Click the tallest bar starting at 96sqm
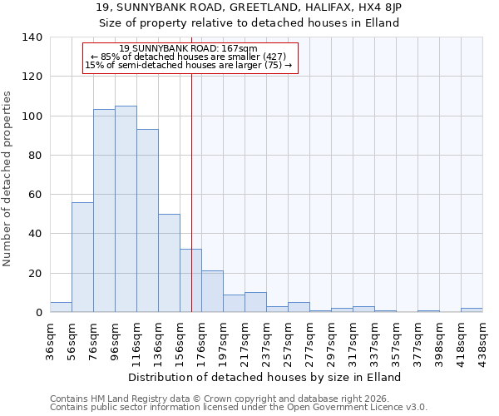pyautogui.click(x=126, y=209)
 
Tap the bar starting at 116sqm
pyautogui.click(x=147, y=220)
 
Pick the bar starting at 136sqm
pyautogui.click(x=169, y=263)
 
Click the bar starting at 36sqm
pyautogui.click(x=61, y=307)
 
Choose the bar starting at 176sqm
pyautogui.click(x=212, y=291)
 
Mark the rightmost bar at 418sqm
pyautogui.click(x=472, y=310)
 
